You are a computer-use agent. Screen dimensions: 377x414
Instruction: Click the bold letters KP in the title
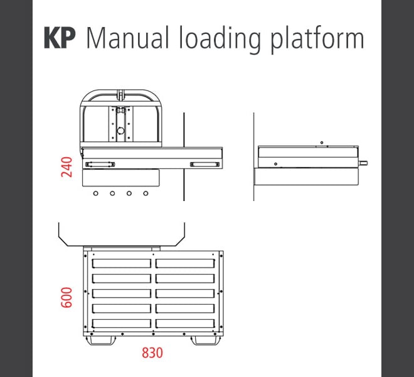coord(59,38)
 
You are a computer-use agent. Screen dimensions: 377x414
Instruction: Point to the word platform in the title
coord(317,40)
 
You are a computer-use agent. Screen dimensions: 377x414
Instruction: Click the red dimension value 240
coord(68,167)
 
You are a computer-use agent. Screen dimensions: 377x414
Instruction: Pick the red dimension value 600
coord(68,298)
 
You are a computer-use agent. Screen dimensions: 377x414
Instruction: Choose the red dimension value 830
coord(152,353)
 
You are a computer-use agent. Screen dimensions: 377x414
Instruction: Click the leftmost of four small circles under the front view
coord(95,194)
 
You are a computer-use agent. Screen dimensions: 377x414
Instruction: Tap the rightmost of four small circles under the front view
coord(146,194)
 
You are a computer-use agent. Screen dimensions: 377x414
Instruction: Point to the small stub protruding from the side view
coord(364,163)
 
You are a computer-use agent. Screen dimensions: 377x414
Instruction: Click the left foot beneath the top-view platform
coord(101,340)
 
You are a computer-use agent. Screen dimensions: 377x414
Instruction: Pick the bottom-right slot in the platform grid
coord(185,324)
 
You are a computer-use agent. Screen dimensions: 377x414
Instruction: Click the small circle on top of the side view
coord(321,143)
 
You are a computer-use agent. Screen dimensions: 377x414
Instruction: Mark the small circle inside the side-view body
coord(276,163)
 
